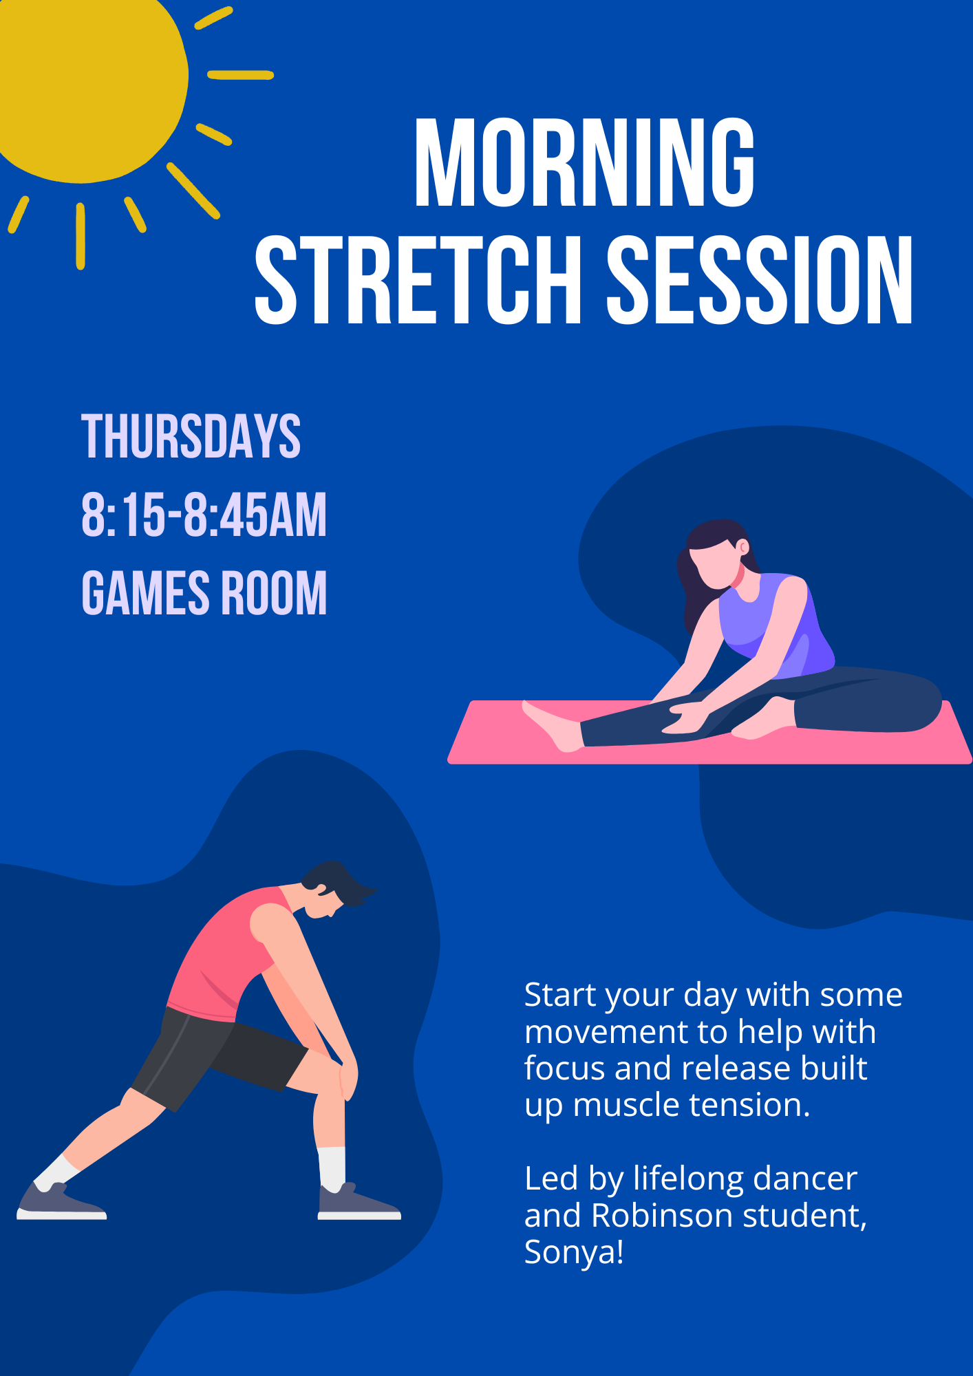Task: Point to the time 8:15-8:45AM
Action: click(x=204, y=514)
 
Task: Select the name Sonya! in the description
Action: click(x=574, y=1252)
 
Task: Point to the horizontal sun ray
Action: click(x=241, y=75)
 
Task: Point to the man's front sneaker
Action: click(x=358, y=1203)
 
